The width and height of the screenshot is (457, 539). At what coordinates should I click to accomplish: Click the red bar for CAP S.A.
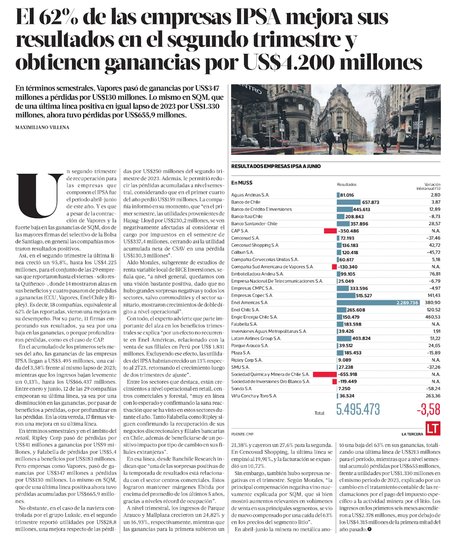click(329, 231)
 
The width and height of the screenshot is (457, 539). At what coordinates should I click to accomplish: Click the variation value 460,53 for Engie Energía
click(432, 317)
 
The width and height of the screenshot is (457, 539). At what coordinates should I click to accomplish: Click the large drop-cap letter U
click(38, 195)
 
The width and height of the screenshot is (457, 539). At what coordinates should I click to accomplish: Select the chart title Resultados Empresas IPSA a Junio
click(276, 167)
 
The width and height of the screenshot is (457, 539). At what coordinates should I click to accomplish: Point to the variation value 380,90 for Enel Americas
click(432, 303)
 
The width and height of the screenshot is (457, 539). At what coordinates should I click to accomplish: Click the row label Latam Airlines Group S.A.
click(259, 338)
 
